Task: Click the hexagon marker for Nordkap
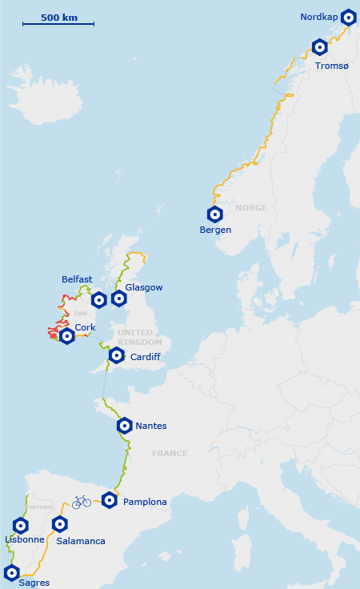pos(348,17)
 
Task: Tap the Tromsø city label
pos(332,66)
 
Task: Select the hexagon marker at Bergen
pos(214,214)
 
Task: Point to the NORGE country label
pos(250,208)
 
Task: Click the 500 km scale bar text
pos(59,17)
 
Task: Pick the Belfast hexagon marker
pos(99,300)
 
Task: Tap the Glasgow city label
pos(144,287)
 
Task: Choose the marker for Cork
pos(67,337)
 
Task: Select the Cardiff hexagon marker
pos(117,355)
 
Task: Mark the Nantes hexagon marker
pos(125,426)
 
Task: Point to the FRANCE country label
pos(170,454)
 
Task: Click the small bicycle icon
pos(82,502)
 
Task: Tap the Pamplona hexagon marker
pos(110,501)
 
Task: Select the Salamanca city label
pos(81,541)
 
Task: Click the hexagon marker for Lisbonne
pos(21,526)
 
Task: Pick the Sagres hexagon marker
pos(12,572)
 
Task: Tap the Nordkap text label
pos(319,17)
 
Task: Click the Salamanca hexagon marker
pos(60,525)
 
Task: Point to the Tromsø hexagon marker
pos(320,47)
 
